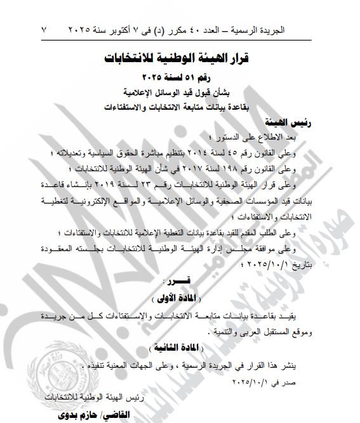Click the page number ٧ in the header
[x=44, y=29]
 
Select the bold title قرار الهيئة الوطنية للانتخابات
[x=179, y=60]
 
